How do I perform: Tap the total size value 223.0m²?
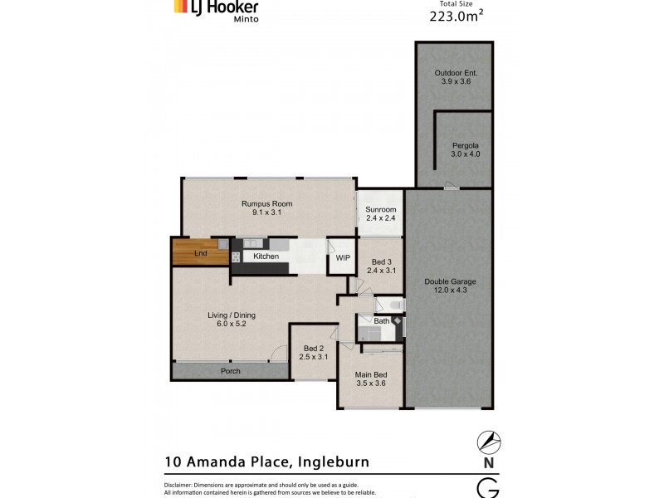click(x=456, y=15)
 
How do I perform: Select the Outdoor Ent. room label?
click(x=456, y=77)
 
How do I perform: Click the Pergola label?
click(x=466, y=149)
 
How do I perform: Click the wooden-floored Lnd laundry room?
click(x=200, y=252)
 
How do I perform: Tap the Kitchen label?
click(x=266, y=256)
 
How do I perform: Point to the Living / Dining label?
click(x=232, y=320)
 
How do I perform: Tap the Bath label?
click(x=381, y=320)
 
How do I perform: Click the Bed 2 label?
click(x=313, y=353)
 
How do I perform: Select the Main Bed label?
click(x=371, y=378)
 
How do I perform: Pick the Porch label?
click(x=230, y=371)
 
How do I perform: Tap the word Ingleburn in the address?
click(x=329, y=461)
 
